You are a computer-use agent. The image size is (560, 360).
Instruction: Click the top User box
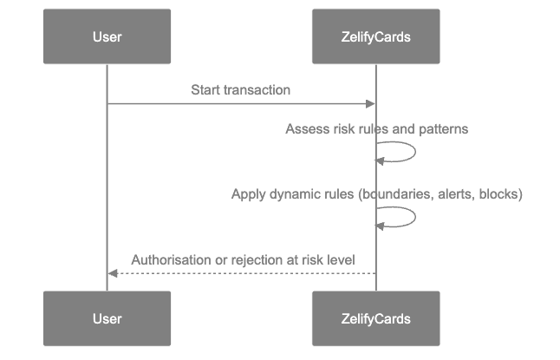107,36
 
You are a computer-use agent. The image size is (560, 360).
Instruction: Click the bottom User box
107,318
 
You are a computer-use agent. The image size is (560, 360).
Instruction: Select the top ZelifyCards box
376,36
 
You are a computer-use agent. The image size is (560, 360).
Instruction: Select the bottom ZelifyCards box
376,318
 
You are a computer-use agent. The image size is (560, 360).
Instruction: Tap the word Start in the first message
205,90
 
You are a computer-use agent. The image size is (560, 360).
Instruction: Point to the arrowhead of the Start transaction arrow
371,104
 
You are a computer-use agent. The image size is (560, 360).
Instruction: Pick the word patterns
442,129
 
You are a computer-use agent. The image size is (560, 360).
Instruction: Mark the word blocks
500,194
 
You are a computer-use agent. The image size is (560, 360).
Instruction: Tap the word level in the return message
339,260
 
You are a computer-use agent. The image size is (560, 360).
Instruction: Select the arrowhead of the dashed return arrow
112,273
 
